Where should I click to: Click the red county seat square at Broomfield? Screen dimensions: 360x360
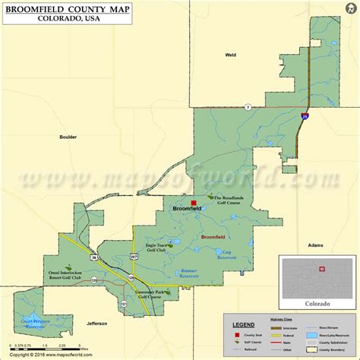point(194,203)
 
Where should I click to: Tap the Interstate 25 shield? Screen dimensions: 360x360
point(305,117)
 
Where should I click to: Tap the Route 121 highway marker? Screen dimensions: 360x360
point(123,304)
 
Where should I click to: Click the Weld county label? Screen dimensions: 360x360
point(231,55)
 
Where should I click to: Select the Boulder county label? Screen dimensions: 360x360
point(68,137)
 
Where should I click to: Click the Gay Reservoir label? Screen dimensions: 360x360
point(226,254)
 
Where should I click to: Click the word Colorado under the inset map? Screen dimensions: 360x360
point(317,303)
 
